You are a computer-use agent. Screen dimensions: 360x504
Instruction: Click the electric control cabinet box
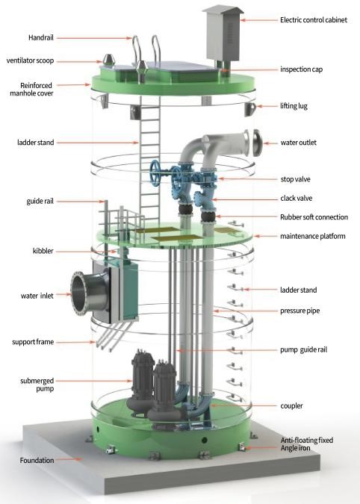[223, 33]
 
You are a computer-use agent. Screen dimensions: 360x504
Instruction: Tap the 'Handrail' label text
[41, 37]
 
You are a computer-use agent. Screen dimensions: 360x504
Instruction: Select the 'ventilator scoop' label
[30, 60]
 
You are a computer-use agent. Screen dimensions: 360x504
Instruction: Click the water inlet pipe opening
[79, 293]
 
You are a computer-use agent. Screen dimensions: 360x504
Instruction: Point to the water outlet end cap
[257, 143]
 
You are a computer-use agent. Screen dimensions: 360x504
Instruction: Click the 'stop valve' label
[295, 179]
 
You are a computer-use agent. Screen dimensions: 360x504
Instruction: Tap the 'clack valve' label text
[296, 198]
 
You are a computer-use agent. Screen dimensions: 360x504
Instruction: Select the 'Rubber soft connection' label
[314, 217]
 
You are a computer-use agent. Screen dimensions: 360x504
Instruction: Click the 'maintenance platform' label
[313, 236]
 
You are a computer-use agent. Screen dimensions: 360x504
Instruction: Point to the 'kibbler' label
[43, 251]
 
